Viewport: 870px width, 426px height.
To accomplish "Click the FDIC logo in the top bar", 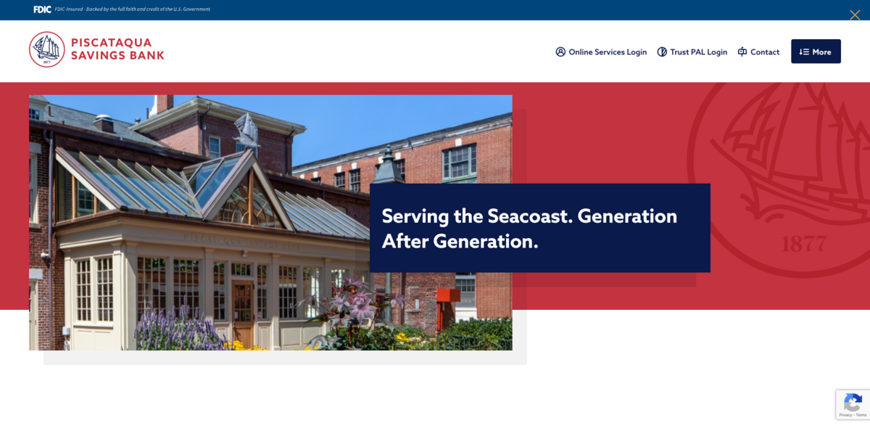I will pos(42,9).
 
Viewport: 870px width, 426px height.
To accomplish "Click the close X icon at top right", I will pos(855,15).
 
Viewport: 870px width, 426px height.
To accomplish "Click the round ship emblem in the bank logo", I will pos(47,49).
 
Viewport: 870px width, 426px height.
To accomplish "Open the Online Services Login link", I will pos(608,52).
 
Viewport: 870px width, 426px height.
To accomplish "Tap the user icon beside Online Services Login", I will pos(560,52).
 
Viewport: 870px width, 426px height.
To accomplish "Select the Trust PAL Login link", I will pos(698,52).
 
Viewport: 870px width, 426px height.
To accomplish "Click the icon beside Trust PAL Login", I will pos(662,52).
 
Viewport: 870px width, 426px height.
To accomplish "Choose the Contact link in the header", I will pos(765,52).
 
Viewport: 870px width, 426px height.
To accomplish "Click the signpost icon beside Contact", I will pos(742,52).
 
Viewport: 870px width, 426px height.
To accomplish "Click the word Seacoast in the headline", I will pos(528,216).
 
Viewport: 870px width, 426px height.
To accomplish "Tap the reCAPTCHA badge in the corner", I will pos(853,404).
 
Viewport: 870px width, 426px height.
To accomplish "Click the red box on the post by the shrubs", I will pos(448,297).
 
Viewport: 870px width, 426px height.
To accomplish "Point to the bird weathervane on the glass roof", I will pos(246,131).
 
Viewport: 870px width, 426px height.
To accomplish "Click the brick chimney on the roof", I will pos(165,104).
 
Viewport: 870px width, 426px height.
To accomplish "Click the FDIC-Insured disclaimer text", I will pos(132,9).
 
